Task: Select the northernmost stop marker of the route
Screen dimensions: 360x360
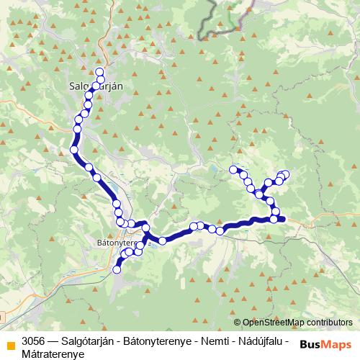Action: coord(99,71)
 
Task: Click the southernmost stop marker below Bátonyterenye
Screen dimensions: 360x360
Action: coord(117,269)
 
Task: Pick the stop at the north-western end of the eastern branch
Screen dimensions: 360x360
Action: coord(233,170)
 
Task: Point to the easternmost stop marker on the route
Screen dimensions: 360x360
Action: coord(285,174)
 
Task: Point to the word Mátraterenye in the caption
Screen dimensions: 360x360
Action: coord(53,354)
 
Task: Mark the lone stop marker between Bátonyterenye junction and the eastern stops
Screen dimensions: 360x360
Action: coord(163,240)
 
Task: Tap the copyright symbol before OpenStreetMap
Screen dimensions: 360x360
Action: coord(237,323)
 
